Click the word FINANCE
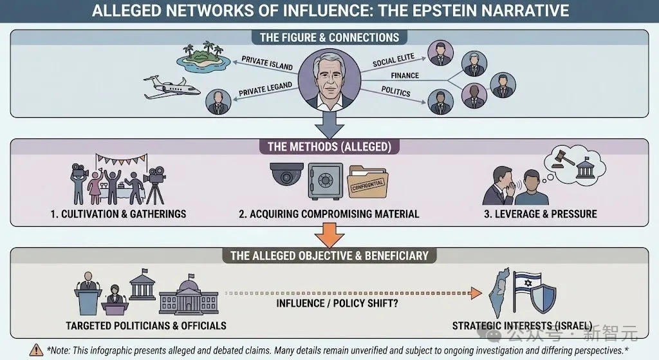pyautogui.click(x=405, y=75)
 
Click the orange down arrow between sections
pyautogui.click(x=329, y=235)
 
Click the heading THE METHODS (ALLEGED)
pyautogui.click(x=329, y=147)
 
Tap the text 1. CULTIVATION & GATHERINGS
pyautogui.click(x=119, y=214)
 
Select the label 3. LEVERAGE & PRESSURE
pyautogui.click(x=541, y=214)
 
